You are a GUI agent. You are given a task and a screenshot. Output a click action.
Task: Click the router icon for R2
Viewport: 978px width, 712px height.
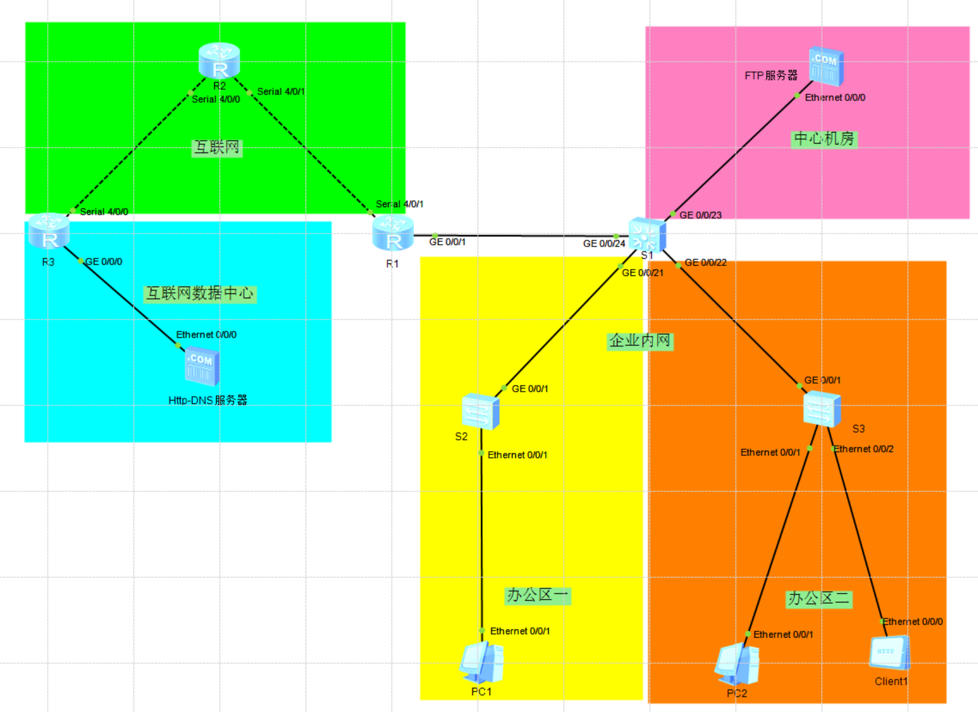pyautogui.click(x=219, y=60)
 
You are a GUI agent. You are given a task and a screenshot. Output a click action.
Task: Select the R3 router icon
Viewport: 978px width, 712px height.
pyautogui.click(x=49, y=231)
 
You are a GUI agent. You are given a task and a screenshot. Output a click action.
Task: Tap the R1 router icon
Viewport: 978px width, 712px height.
pyautogui.click(x=393, y=234)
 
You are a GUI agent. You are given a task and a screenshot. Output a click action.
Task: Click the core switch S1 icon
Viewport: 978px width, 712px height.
pyautogui.click(x=647, y=234)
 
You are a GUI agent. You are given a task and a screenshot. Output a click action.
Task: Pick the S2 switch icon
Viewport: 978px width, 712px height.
pyautogui.click(x=480, y=411)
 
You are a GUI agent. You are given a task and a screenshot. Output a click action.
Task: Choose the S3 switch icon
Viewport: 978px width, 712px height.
pyautogui.click(x=821, y=408)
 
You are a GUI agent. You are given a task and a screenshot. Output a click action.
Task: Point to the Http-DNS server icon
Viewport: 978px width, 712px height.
pyautogui.click(x=202, y=367)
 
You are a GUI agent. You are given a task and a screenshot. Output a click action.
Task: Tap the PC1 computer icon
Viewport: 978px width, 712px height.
pyautogui.click(x=482, y=663)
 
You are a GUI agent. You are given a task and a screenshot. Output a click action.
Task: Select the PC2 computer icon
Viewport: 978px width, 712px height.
pyautogui.click(x=737, y=664)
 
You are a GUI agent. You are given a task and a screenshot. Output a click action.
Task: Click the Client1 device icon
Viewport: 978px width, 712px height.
pyautogui.click(x=889, y=653)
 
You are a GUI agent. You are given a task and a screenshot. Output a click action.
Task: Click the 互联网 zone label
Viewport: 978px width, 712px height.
pyautogui.click(x=217, y=148)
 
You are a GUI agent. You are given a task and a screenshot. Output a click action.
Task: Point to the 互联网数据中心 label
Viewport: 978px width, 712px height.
pyautogui.click(x=199, y=294)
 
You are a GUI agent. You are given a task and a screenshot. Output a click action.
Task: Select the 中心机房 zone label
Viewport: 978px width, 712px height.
pyautogui.click(x=824, y=139)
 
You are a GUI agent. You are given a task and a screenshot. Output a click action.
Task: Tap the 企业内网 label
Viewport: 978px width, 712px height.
pyautogui.click(x=640, y=341)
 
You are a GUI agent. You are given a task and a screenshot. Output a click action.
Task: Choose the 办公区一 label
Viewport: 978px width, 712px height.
pyautogui.click(x=537, y=596)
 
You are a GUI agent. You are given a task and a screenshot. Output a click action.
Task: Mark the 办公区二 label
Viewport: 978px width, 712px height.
pyautogui.click(x=818, y=599)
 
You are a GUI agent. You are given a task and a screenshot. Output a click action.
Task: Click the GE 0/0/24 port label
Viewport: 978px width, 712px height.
pyautogui.click(x=604, y=243)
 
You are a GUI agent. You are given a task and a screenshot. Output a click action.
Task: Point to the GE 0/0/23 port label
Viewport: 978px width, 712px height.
pyautogui.click(x=700, y=215)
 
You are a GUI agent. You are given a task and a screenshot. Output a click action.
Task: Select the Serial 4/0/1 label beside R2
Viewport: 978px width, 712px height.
pyautogui.click(x=281, y=92)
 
